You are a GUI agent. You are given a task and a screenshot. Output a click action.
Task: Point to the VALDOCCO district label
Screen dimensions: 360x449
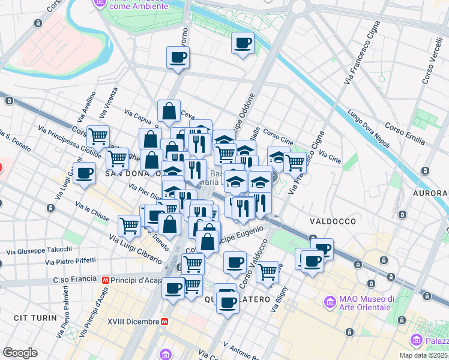333,221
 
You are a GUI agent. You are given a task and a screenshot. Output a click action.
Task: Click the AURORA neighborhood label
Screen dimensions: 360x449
430,193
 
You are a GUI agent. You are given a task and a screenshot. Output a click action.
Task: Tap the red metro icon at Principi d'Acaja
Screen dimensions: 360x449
106,280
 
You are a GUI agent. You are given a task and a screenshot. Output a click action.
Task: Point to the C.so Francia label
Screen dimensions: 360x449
74,279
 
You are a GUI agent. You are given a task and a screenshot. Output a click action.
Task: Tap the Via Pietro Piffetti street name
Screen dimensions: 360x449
71,261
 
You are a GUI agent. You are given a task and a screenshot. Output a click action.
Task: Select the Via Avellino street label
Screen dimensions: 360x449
86,105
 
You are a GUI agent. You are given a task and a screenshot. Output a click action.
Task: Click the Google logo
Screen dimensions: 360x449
20,352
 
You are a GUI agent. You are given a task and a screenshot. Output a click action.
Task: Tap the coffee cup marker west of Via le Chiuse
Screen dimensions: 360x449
85,173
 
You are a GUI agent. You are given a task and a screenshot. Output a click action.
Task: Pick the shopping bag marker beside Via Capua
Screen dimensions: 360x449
169,110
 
